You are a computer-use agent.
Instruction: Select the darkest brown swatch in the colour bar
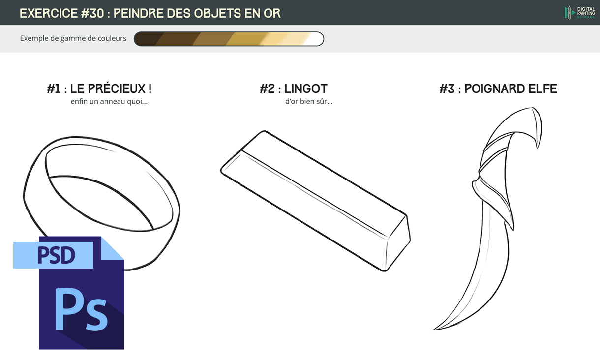pos(146,39)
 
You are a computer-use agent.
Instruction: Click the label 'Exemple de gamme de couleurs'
pos(73,38)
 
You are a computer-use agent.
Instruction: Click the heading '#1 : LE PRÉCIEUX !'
pos(99,89)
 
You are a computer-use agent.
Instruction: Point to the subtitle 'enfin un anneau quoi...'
pos(109,102)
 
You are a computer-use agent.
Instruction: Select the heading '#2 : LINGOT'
pos(293,89)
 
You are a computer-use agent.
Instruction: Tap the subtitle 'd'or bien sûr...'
pos(308,102)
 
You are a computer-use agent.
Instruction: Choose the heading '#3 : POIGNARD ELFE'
pos(498,89)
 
